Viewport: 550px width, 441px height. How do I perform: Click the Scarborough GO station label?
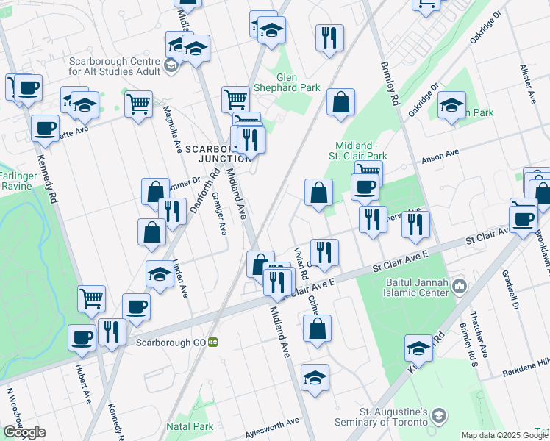pos(171,342)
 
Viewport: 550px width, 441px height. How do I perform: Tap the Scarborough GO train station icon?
pos(213,342)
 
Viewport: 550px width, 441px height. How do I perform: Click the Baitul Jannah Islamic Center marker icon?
pos(460,284)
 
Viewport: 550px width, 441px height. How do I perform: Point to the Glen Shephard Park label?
pos(299,82)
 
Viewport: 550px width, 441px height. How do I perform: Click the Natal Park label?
pos(189,426)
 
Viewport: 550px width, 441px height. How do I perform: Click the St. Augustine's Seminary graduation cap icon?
pos(439,414)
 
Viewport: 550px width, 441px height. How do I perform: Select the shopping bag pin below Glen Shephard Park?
pos(341,104)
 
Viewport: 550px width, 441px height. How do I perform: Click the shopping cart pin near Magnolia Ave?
pos(138,104)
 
